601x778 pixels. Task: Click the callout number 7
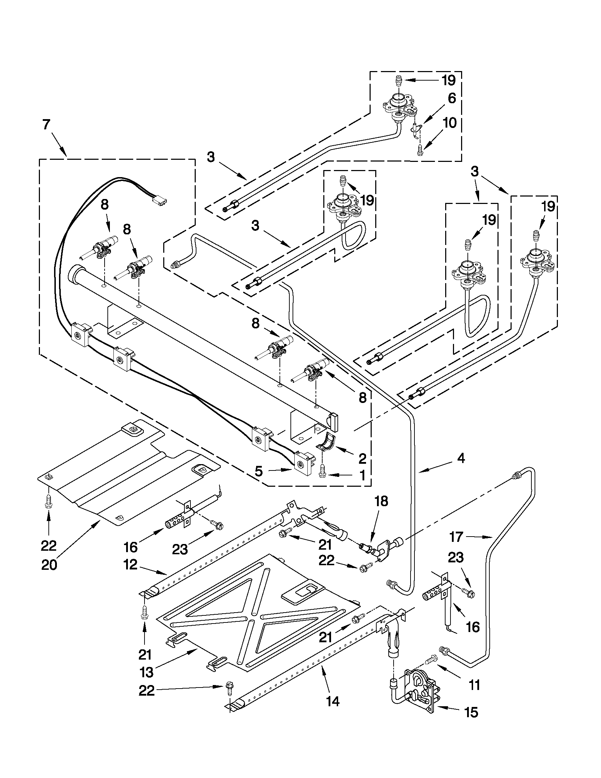coord(47,126)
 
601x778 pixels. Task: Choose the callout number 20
coord(49,565)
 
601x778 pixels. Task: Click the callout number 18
coord(381,502)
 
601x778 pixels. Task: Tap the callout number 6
coord(452,99)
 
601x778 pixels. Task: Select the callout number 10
coord(449,123)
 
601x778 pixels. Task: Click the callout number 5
coord(259,472)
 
